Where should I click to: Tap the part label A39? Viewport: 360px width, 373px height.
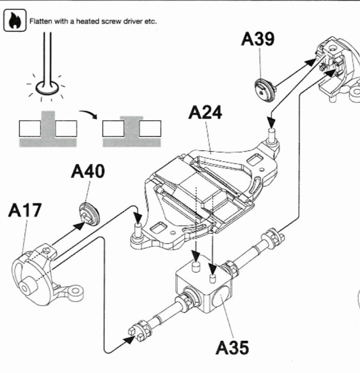[x=258, y=41]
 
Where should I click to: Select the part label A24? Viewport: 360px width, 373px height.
[x=205, y=112]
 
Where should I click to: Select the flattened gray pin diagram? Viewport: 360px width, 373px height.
[x=130, y=131]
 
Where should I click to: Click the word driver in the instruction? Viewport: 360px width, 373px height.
[x=132, y=21]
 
